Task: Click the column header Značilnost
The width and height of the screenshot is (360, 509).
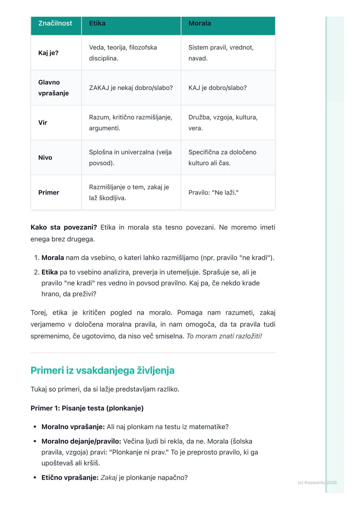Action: [55, 23]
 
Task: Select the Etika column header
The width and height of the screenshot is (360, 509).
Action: [97, 23]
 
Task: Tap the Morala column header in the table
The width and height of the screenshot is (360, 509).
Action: [199, 23]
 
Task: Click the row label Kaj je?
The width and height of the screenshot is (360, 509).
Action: [48, 53]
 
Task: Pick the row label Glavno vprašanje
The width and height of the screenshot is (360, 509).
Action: [53, 88]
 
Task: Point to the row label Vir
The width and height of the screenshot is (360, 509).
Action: [43, 123]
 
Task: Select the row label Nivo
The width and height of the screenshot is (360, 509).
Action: [45, 158]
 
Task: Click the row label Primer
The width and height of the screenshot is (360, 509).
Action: [49, 193]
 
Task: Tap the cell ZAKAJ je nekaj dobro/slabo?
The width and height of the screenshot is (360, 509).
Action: [131, 88]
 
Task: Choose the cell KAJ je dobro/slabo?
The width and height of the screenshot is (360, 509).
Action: [217, 88]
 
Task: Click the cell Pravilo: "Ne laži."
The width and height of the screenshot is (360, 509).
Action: [213, 193]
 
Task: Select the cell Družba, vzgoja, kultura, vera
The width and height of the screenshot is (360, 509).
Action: [223, 123]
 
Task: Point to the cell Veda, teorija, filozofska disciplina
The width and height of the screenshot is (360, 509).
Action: [123, 53]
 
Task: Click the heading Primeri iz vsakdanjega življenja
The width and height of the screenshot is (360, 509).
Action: [102, 370]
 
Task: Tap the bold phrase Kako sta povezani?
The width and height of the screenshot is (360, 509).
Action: [64, 228]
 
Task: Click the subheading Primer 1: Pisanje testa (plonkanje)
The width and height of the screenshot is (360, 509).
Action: [87, 408]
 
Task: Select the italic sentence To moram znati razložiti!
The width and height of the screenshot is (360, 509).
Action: [224, 336]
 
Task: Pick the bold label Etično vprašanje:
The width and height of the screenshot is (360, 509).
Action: [70, 478]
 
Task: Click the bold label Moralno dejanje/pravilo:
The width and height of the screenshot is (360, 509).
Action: [81, 441]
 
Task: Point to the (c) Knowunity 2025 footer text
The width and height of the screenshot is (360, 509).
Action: [317, 482]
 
